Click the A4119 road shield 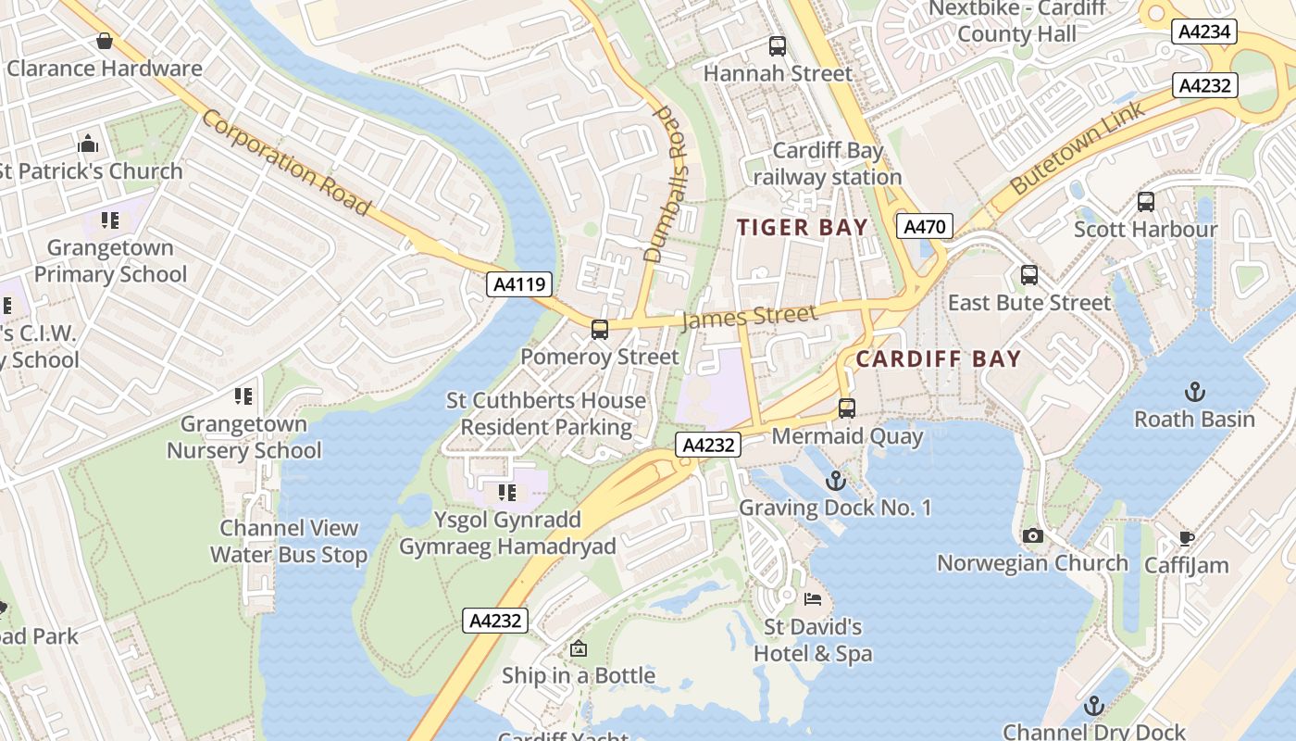519,284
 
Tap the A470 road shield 924,226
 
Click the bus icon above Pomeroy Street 600,329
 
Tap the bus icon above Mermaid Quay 846,408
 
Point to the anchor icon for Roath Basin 1195,392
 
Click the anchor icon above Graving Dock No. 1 836,480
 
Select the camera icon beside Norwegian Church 1033,535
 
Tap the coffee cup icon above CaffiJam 1187,538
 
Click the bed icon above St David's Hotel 813,599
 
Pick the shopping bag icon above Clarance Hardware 105,41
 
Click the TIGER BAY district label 803,227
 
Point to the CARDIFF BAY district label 939,358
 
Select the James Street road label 749,318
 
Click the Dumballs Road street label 668,183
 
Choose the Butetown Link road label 1078,147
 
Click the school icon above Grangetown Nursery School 243,396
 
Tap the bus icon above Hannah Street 778,45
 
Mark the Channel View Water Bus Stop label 289,542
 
